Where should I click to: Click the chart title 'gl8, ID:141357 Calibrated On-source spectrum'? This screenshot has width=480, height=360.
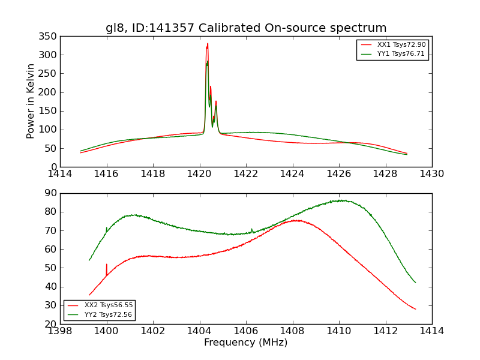(x=246, y=28)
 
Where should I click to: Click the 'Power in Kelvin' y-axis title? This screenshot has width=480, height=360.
(x=31, y=101)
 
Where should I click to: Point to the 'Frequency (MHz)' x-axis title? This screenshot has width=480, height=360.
(x=246, y=343)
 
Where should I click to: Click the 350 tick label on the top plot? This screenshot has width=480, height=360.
(x=49, y=36)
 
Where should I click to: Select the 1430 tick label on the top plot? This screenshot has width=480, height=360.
(x=431, y=173)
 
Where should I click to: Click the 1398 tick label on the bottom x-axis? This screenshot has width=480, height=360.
(x=61, y=330)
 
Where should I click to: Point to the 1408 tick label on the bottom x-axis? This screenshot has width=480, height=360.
(x=292, y=330)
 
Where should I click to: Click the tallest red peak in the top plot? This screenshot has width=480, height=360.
(x=208, y=44)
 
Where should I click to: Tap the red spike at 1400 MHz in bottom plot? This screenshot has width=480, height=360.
(x=107, y=265)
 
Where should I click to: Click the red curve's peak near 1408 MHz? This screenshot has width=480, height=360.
(x=296, y=220)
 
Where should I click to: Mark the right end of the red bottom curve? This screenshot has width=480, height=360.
(x=415, y=309)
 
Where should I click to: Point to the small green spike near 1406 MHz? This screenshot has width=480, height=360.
(x=252, y=229)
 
